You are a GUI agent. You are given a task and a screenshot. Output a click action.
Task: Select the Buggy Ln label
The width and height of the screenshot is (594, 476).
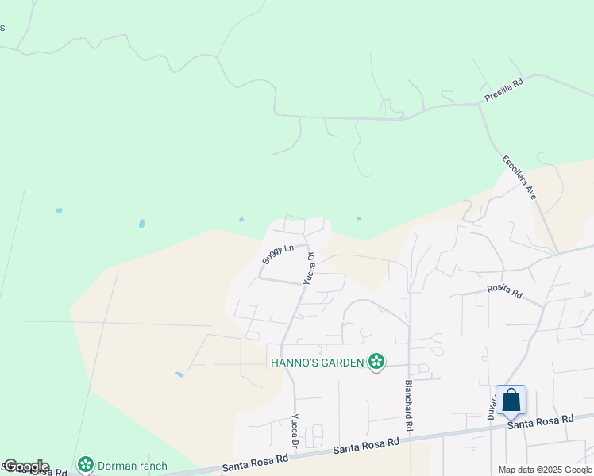[x=278, y=255]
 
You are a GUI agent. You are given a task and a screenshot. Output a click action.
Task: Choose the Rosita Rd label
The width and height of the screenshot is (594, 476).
[x=504, y=292]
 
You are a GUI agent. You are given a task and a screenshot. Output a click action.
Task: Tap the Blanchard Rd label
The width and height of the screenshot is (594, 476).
[x=409, y=405]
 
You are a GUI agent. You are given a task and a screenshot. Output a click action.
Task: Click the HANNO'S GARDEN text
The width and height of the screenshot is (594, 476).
[x=317, y=363]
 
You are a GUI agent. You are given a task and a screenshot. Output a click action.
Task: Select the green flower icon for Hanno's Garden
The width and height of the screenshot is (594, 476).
[x=376, y=362]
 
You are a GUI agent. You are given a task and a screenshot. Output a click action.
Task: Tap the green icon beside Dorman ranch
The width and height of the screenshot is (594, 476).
[x=86, y=464]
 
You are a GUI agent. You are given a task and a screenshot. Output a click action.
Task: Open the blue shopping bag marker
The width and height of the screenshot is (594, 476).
[x=511, y=399]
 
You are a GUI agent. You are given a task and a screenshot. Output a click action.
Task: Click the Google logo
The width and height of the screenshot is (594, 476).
[x=26, y=466]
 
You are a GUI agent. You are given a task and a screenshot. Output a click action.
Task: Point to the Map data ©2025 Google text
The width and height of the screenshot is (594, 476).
[x=544, y=470]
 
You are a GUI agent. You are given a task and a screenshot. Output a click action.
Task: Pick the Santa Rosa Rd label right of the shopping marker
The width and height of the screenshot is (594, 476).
[x=541, y=422]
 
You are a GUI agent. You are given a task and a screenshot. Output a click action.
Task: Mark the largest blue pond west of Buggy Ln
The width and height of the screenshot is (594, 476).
[x=141, y=224]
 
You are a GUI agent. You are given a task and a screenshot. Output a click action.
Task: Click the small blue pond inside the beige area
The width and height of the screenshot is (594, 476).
[x=179, y=374]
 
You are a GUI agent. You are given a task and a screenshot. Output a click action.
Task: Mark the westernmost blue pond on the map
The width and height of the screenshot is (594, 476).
[x=59, y=210]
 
